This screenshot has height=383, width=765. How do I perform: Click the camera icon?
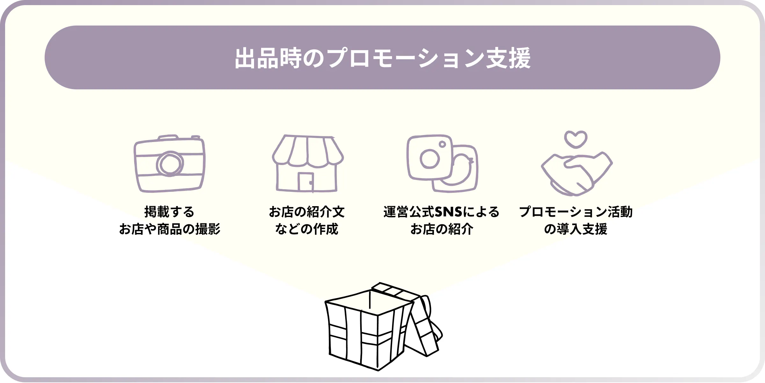tap(169, 164)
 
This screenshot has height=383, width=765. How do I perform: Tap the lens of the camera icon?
tap(170, 164)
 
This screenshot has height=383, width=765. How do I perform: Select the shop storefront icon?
tap(308, 164)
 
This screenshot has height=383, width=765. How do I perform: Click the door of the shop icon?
tap(305, 182)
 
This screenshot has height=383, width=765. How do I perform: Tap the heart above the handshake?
tap(576, 139)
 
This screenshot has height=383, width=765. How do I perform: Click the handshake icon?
tap(576, 174)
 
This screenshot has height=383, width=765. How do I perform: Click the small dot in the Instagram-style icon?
tap(442, 144)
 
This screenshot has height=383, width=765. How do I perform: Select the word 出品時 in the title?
tap(268, 58)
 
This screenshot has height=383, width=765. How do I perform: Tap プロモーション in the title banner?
tap(405, 58)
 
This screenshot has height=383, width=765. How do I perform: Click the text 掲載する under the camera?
tap(169, 212)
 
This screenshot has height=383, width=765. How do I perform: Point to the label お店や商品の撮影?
tap(169, 229)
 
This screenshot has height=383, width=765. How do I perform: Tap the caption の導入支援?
tap(576, 229)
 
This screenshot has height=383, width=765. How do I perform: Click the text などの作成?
tap(307, 229)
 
